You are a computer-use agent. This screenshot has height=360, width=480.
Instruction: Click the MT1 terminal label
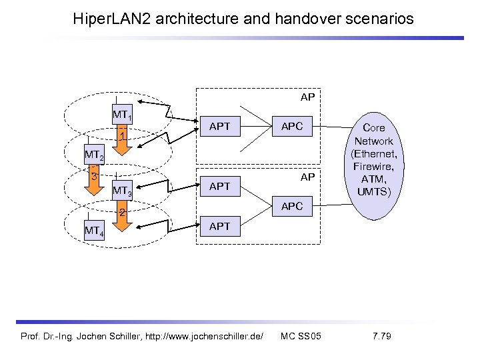(x=121, y=115)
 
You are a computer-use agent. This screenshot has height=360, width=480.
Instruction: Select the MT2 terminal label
(x=94, y=156)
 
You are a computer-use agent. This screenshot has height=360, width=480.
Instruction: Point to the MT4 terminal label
(x=93, y=232)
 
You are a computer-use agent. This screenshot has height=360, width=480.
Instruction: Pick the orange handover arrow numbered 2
(x=121, y=219)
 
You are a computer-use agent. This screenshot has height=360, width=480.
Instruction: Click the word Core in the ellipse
(x=373, y=128)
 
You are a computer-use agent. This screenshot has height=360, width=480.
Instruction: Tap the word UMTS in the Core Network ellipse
(x=373, y=192)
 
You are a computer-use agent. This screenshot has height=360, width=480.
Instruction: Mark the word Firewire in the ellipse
(x=373, y=166)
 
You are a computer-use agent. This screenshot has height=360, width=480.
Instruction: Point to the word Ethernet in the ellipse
(x=375, y=153)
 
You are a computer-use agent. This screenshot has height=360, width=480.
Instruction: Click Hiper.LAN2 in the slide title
(x=114, y=19)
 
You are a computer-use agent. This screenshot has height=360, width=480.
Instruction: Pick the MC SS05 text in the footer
(x=301, y=335)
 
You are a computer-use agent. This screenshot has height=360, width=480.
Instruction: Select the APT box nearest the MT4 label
(x=219, y=227)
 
